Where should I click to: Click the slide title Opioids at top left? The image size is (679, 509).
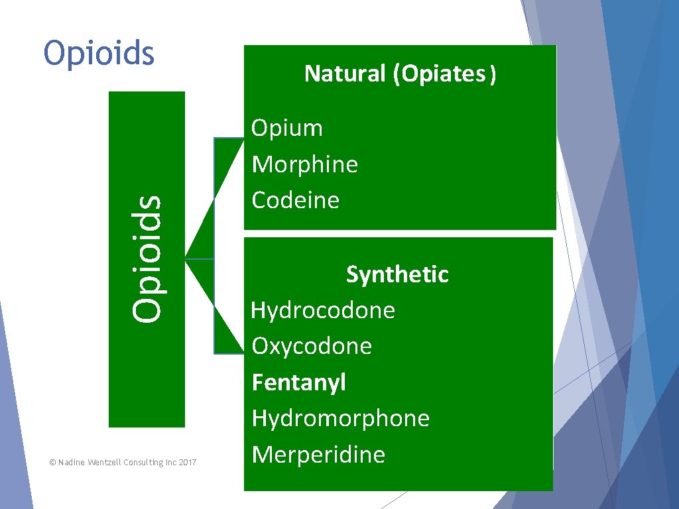99,54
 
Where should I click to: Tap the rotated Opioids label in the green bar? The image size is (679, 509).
147,258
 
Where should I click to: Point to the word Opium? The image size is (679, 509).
287,128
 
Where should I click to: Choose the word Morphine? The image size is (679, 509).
305,164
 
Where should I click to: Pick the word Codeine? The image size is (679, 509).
296,200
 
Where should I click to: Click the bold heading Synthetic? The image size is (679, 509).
397,274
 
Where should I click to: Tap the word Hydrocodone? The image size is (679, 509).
323,310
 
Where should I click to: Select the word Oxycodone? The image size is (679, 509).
312,346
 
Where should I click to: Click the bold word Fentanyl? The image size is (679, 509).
299,382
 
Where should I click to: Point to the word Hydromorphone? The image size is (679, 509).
341,418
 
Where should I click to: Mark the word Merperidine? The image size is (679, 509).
318,455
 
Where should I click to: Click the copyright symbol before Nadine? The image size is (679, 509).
52,463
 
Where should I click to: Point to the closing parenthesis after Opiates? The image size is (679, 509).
491,74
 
